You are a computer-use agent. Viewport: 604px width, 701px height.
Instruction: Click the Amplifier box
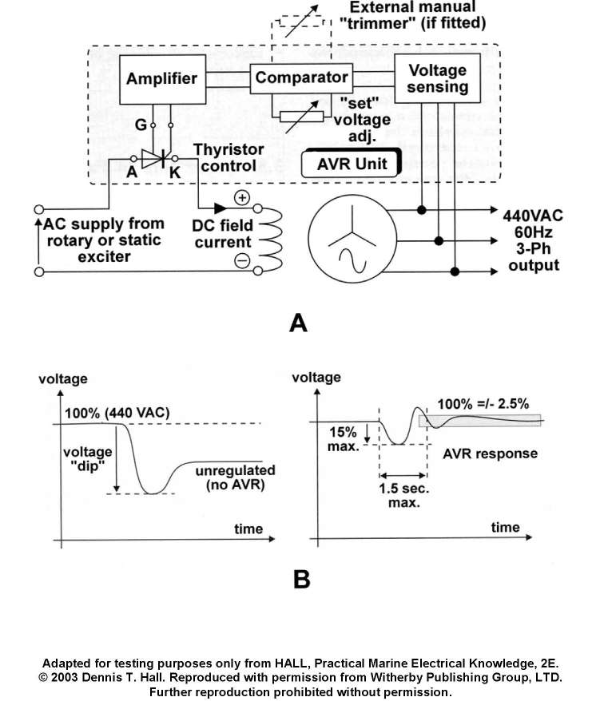[x=161, y=78]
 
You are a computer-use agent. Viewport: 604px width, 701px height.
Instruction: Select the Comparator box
[x=302, y=77]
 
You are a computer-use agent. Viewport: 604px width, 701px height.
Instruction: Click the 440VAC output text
[x=534, y=216]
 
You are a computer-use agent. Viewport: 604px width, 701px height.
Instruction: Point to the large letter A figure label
[x=298, y=323]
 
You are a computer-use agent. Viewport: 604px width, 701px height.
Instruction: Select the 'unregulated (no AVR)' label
[x=235, y=477]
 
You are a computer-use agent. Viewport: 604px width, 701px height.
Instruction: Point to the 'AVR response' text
[x=490, y=453]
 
